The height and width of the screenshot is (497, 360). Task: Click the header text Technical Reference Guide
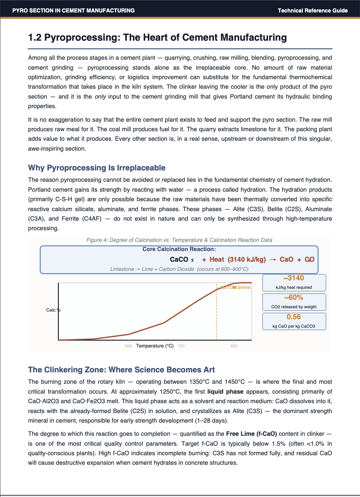[312, 11]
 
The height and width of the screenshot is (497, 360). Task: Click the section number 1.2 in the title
[35, 38]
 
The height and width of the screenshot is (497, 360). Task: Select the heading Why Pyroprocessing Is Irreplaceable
[97, 168]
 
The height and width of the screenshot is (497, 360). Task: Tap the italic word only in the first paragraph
[100, 97]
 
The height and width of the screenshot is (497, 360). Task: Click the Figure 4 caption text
[179, 240]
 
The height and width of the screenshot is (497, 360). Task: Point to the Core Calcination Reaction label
[179, 249]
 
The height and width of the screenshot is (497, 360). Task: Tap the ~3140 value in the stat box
[294, 278]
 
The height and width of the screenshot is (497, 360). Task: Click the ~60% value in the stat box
[294, 298]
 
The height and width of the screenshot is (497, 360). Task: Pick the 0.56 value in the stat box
[294, 317]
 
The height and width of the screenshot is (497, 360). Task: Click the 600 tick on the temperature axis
[129, 346]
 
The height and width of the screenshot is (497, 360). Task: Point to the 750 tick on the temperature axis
[181, 346]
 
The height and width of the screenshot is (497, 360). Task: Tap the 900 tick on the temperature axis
[234, 346]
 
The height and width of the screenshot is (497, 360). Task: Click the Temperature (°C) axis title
[155, 346]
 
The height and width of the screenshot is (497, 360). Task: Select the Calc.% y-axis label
[53, 310]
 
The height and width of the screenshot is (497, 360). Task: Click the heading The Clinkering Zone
[121, 370]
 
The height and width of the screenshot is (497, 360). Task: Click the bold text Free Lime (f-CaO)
[252, 434]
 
